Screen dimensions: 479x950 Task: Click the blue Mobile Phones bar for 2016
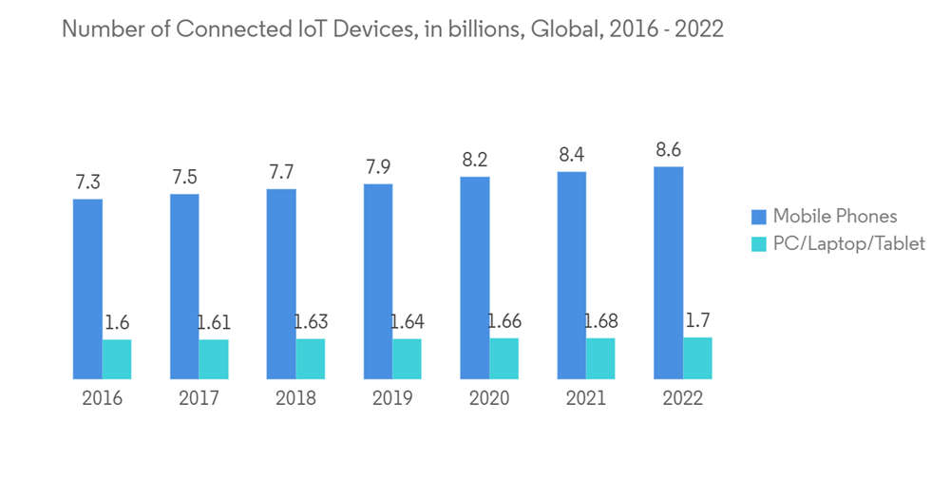pos(87,289)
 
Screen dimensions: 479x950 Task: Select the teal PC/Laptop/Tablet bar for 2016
pos(117,359)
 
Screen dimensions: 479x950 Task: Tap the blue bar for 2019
pos(378,281)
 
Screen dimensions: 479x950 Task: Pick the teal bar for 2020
pos(504,358)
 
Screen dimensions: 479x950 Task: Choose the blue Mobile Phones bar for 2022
pos(668,273)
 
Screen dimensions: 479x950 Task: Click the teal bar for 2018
pos(311,359)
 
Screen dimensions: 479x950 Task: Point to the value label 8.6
pos(668,150)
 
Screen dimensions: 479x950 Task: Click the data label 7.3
pos(87,182)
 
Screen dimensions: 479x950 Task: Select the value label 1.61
pos(214,322)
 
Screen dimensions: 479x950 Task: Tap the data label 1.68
pos(600,321)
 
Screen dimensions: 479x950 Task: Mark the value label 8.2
pos(475,161)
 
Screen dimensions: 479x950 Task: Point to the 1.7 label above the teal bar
pos(697,320)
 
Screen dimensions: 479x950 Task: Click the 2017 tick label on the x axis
pos(199,398)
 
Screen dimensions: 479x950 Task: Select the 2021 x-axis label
pos(586,398)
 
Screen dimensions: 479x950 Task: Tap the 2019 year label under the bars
pos(392,398)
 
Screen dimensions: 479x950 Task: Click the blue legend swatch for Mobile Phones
pos(757,216)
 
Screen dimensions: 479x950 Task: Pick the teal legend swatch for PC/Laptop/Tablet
pos(757,244)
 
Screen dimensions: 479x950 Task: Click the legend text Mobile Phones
pos(834,216)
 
